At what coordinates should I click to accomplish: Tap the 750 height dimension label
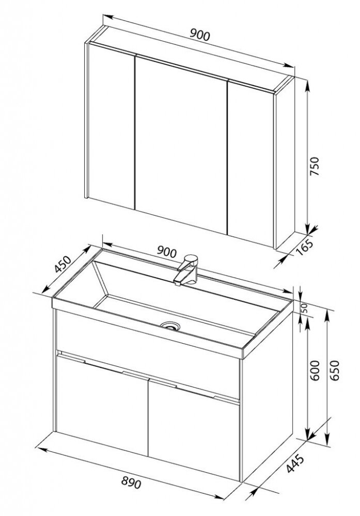315,166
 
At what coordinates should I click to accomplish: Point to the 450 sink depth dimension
62,264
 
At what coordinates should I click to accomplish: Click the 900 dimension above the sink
167,252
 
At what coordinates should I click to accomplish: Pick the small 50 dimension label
304,309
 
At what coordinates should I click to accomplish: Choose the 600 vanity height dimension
315,370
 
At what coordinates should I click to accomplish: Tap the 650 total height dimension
334,370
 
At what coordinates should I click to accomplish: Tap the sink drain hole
170,326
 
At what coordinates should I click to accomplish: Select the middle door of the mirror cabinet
181,145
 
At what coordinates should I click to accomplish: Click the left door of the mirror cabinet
112,127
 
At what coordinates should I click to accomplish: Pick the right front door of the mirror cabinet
251,163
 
